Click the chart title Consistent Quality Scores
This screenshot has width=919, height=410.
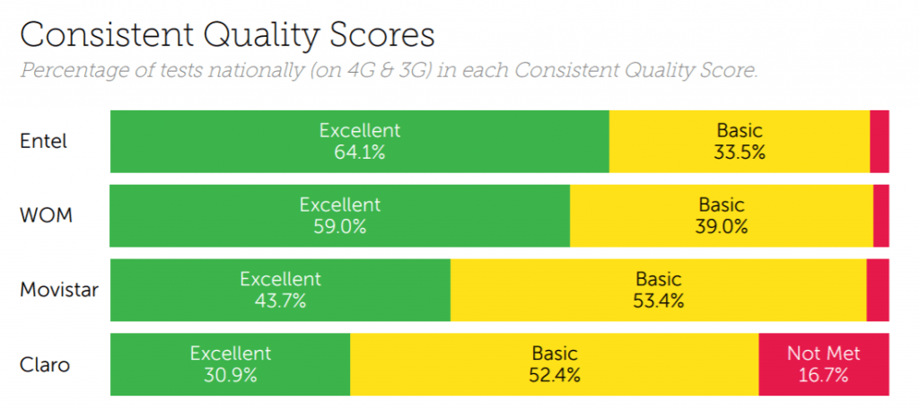point(227,36)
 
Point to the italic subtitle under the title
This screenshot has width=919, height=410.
point(389,71)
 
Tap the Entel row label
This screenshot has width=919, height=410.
point(44,141)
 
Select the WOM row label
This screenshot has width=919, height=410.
point(47,215)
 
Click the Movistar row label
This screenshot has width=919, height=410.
point(59,290)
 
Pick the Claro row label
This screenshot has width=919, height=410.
point(45,364)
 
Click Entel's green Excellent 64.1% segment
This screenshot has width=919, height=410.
point(359,141)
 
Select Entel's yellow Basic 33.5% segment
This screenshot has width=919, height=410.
point(740,141)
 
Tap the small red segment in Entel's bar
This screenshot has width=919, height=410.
point(880,141)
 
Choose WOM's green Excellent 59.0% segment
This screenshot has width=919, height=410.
point(340,215)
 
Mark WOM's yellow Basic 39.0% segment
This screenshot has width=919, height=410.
point(722,215)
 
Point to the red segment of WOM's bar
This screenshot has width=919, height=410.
point(881,215)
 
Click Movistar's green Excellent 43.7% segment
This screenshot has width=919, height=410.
point(280,290)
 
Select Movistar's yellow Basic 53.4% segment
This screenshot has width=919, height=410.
point(658,290)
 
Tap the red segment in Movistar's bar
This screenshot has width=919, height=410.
point(878,290)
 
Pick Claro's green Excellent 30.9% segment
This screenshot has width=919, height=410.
point(231,364)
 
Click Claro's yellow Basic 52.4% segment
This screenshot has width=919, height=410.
point(555,364)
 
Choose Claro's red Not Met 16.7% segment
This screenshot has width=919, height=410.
point(824,364)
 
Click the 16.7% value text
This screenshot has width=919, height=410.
point(824,375)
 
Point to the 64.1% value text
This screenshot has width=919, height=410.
point(359,153)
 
